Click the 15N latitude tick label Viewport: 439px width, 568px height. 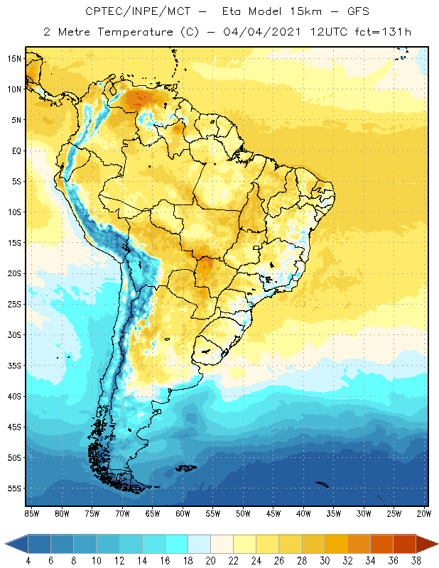click(x=15, y=58)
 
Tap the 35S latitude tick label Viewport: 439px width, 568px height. click(x=15, y=366)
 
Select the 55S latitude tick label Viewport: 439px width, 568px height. click(x=15, y=488)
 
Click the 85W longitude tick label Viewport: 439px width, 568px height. click(x=31, y=513)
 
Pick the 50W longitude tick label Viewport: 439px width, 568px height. click(x=244, y=513)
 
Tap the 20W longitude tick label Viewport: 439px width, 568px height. click(x=424, y=513)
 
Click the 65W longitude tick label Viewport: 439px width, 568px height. click(x=153, y=513)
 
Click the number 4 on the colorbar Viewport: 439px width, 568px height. click(x=28, y=561)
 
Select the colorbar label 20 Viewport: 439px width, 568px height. click(x=210, y=561)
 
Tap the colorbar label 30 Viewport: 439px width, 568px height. click(x=325, y=561)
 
